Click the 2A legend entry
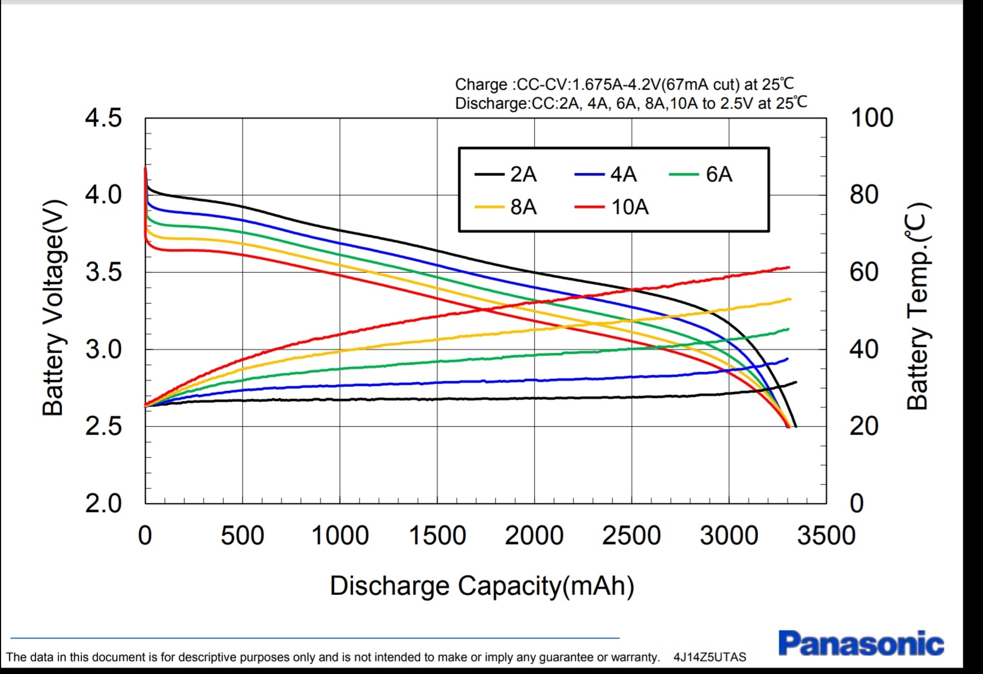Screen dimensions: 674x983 [506, 174]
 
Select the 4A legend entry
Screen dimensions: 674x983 [606, 174]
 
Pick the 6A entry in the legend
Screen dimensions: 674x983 [701, 174]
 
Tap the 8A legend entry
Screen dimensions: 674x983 [506, 207]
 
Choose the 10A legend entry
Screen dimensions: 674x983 [612, 207]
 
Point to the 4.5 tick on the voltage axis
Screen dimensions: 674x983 [104, 118]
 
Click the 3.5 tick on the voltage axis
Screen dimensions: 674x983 [104, 272]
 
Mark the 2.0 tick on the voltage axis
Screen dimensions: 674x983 [104, 504]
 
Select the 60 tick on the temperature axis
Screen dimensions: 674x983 [864, 272]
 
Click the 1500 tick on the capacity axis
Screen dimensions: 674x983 [437, 536]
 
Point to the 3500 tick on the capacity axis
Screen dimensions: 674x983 [826, 536]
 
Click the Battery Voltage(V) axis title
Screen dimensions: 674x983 [53, 308]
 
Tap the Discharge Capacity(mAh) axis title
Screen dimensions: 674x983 [482, 586]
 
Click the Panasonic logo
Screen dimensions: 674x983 [861, 644]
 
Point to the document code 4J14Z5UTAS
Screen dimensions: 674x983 [710, 657]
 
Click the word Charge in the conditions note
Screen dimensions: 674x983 [481, 85]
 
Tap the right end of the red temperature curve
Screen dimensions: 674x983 [789, 267]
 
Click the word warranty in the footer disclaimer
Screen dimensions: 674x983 [636, 657]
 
